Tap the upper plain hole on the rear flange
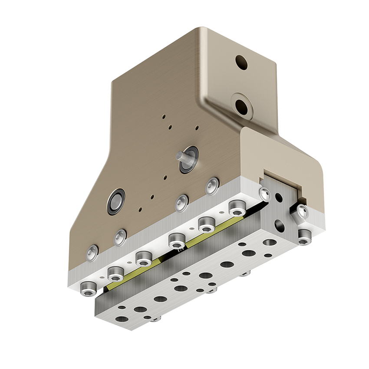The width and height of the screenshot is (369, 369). [241, 63]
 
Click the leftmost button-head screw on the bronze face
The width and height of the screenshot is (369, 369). [92, 251]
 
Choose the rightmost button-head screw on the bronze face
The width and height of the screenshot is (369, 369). [212, 186]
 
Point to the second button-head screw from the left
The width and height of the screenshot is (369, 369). [120, 237]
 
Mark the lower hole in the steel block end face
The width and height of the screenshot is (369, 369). [280, 226]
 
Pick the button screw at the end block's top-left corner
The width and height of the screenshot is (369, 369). [264, 193]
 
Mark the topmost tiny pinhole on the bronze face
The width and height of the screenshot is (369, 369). [164, 116]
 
